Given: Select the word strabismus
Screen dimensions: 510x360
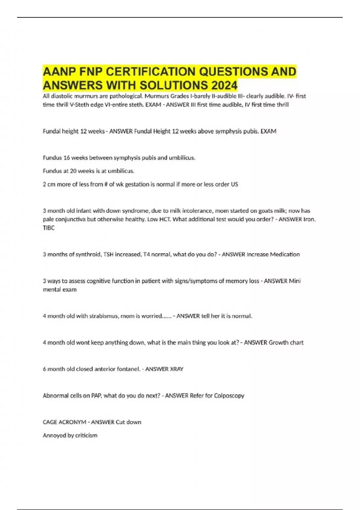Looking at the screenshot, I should coord(104,316).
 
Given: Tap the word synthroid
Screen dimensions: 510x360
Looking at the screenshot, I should coord(88,254).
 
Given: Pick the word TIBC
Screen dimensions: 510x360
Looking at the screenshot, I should coord(49,228).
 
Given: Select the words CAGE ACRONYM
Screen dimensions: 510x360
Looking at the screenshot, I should coord(64,422).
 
